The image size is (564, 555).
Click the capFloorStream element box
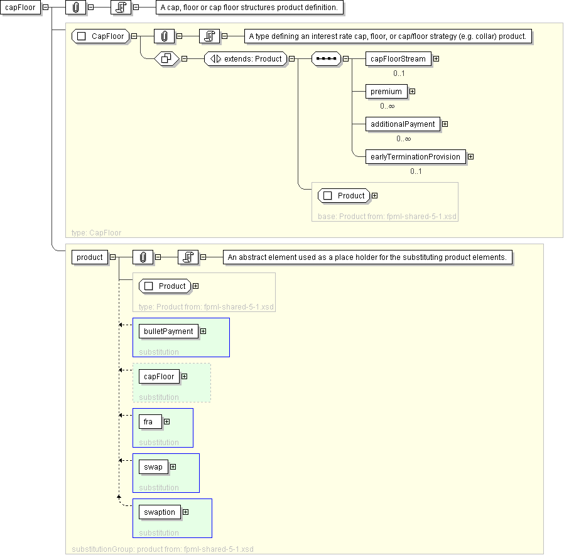(398, 59)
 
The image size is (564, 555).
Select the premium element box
(386, 92)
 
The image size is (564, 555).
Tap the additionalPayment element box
(403, 124)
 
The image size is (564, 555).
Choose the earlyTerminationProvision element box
(415, 157)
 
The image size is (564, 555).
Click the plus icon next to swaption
(186, 512)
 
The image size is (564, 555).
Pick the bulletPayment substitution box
(181, 338)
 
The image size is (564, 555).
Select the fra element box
(150, 422)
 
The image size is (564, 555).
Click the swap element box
(153, 467)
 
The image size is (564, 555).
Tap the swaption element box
(160, 512)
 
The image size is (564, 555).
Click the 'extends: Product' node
(246, 59)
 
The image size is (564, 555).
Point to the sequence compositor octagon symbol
(326, 59)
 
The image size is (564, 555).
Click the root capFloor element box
(20, 8)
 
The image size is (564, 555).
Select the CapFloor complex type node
(100, 36)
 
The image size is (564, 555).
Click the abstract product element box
(90, 257)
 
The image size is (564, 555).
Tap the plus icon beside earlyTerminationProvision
(471, 157)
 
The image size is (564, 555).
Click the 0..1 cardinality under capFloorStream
(399, 73)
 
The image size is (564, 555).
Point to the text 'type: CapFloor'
(96, 233)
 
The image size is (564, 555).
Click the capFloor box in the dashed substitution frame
(159, 377)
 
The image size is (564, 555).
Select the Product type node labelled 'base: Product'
(344, 196)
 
